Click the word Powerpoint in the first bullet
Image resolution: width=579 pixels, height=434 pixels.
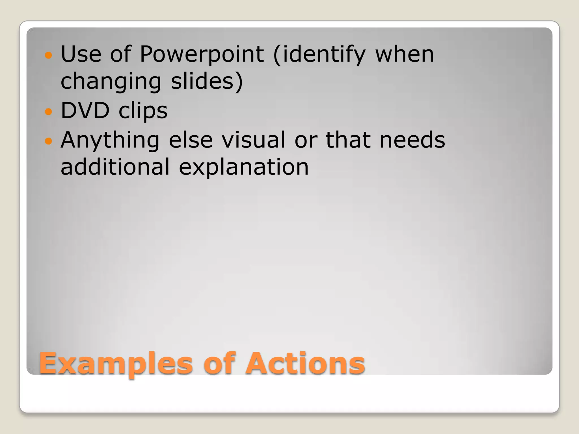pyautogui.click(x=202, y=54)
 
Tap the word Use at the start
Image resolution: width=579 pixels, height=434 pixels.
pyautogui.click(x=81, y=54)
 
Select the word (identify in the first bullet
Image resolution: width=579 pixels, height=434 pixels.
pyautogui.click(x=319, y=54)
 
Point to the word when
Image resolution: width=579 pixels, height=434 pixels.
pyautogui.click(x=405, y=54)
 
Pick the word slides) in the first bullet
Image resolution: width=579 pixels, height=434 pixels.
pyautogui.click(x=207, y=81)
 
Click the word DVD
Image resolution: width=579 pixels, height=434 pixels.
pyautogui.click(x=85, y=110)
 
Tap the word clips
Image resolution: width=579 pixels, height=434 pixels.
pyautogui.click(x=143, y=111)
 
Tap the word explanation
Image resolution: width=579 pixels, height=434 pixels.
pyautogui.click(x=244, y=167)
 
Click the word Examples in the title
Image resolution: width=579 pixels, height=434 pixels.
pyautogui.click(x=116, y=364)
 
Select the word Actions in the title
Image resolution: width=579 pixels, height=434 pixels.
pyautogui.click(x=305, y=363)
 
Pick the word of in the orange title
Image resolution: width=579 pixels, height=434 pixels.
pyautogui.click(x=219, y=363)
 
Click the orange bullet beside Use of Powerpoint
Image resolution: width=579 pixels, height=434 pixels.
pyautogui.click(x=49, y=55)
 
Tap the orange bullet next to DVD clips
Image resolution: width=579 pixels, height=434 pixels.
pyautogui.click(x=49, y=112)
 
